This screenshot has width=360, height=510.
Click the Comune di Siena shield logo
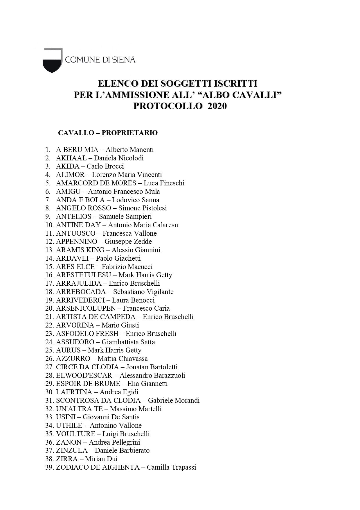pos(52,60)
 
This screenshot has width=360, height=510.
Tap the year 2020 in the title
pos(217,106)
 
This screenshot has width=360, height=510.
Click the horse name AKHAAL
pos(71,158)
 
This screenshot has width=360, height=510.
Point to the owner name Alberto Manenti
pos(129,150)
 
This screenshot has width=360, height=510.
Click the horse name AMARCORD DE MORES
pos(96,183)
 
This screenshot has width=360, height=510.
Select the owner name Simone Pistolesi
pos(143,208)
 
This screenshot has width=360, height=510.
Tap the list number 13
pos(49,250)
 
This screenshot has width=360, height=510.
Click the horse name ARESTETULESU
pos(84,275)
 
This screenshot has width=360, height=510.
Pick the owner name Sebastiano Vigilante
pos(143,292)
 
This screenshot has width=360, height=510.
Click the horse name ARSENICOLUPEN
pos(86,308)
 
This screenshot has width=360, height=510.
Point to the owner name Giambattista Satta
pos(128,342)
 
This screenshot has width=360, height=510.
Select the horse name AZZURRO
pos(73,359)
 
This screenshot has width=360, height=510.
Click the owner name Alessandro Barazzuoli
pos(152,375)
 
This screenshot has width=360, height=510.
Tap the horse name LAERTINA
pos(74,392)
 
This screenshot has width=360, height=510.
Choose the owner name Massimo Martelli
pos(136,409)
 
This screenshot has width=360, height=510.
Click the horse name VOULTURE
pos(75,434)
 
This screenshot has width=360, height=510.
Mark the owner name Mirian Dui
pos(101,459)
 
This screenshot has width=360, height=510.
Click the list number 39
pos(49,467)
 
